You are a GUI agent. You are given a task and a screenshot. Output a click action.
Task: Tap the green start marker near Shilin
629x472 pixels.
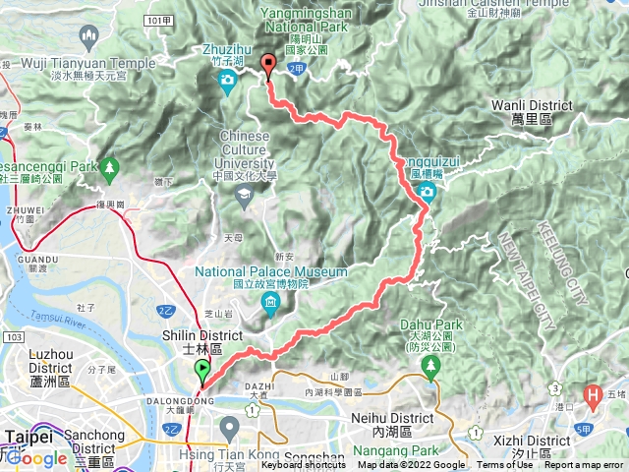coord(202,371)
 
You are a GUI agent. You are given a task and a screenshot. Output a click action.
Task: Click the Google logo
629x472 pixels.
coord(36,458)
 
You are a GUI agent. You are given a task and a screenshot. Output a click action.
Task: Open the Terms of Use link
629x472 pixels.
coord(504,465)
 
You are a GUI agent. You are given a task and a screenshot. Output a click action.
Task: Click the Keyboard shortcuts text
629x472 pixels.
coord(303,465)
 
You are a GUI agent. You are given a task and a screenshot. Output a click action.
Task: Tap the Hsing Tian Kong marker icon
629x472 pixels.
coord(230,427)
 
